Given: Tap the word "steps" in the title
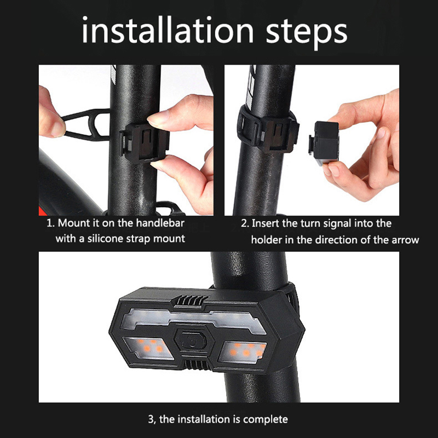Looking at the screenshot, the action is (307, 33).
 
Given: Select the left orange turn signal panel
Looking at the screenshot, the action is (148, 348).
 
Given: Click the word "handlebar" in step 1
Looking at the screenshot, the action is (160, 223).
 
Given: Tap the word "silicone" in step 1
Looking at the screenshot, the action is (105, 239).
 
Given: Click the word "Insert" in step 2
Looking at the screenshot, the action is (266, 223).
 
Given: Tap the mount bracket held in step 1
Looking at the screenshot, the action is (145, 141).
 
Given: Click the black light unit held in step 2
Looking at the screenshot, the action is (324, 143).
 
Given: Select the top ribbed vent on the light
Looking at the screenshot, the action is (190, 301).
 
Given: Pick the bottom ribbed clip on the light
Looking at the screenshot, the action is (197, 365).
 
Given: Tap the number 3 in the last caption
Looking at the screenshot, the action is (151, 419).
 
